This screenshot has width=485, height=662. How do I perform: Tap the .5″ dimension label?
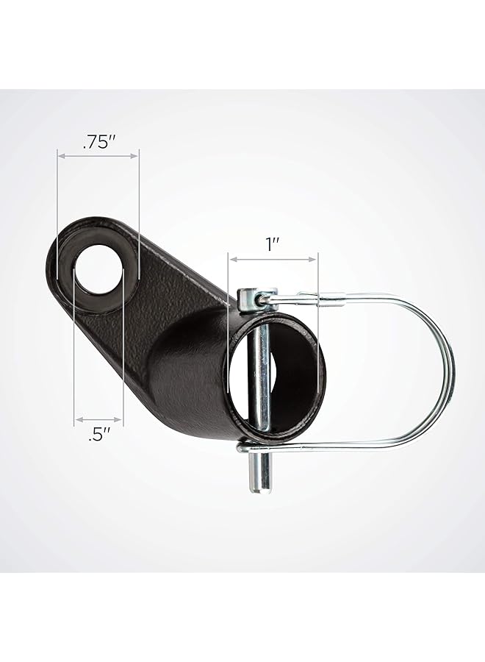[x=99, y=435]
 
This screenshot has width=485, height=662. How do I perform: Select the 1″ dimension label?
[x=273, y=245]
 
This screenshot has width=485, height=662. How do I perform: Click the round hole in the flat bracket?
[x=98, y=275]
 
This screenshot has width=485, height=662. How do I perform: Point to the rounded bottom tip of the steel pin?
[x=259, y=488]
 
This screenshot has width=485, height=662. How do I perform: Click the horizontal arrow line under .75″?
[x=98, y=156]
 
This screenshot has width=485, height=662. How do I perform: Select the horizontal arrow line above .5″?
[x=98, y=420]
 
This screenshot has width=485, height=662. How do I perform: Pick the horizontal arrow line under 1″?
[x=273, y=259]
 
